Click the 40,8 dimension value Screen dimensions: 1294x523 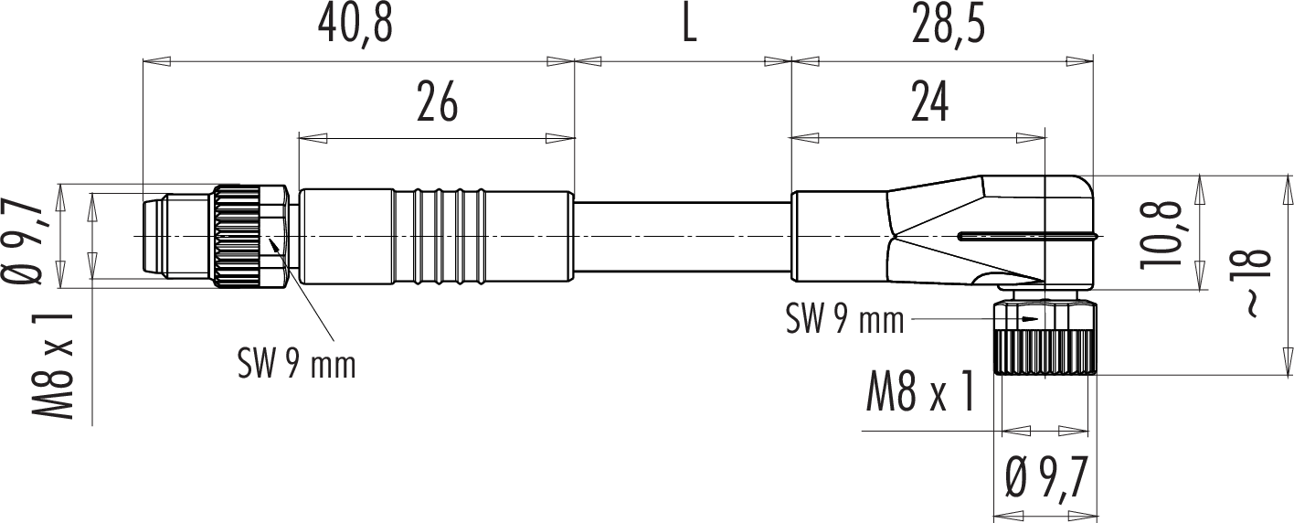pos(355,26)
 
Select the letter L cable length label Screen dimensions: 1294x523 pos(689,26)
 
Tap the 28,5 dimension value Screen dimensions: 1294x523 pos(949,26)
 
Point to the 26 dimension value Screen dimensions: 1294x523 pos(438,102)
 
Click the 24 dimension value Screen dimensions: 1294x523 pos(929,102)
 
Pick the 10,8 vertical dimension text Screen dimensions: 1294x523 pos(1159,234)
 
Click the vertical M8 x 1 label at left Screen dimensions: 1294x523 pos(53,367)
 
